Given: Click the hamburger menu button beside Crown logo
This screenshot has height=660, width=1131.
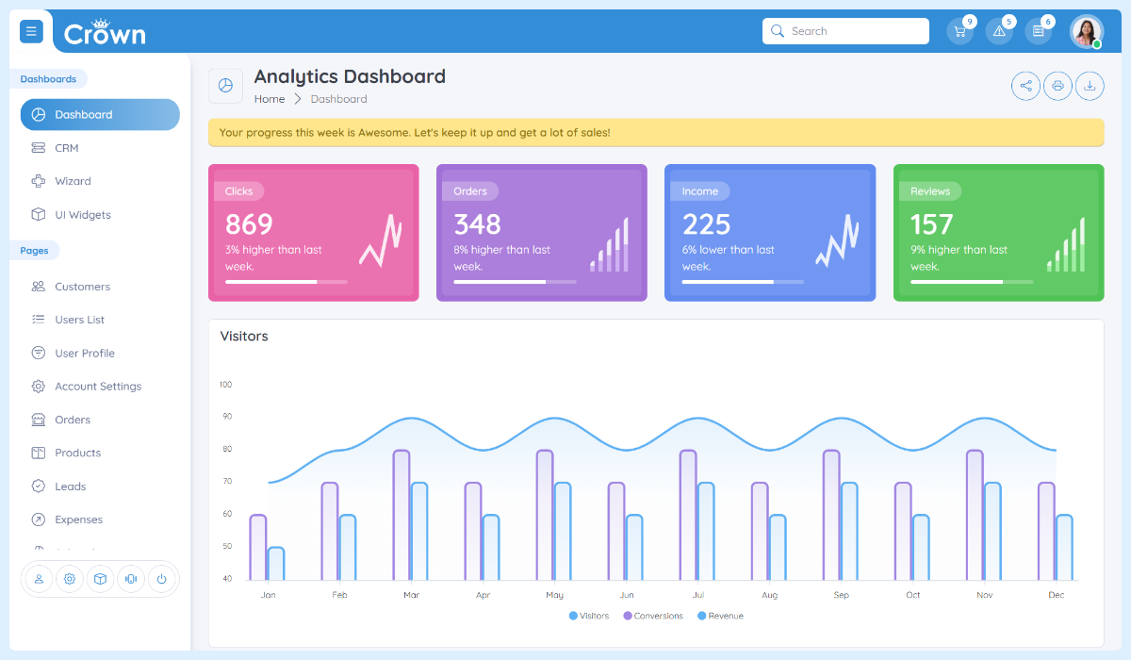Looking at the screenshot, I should pyautogui.click(x=31, y=31).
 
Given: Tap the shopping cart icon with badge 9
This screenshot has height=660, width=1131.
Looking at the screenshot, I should pyautogui.click(x=959, y=31).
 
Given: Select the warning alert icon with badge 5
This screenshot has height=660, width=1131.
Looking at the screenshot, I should pyautogui.click(x=999, y=31).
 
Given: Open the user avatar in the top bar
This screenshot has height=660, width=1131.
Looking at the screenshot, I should pyautogui.click(x=1086, y=31).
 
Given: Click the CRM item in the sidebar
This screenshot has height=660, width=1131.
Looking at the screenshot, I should pyautogui.click(x=66, y=148).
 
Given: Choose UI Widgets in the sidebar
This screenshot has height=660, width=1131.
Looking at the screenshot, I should pyautogui.click(x=82, y=215).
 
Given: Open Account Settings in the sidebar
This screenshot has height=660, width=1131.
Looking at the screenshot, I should pyautogui.click(x=97, y=387).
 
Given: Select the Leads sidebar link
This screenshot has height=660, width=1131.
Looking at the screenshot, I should pyautogui.click(x=70, y=487).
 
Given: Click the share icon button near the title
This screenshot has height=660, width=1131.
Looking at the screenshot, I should pyautogui.click(x=1025, y=86).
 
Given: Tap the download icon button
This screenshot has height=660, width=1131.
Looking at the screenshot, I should pyautogui.click(x=1090, y=86).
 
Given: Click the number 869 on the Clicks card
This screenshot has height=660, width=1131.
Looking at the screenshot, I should pyautogui.click(x=249, y=224).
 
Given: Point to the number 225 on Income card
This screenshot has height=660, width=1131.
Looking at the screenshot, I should pyautogui.click(x=706, y=224).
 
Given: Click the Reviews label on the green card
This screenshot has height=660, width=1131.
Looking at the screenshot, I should pyautogui.click(x=929, y=191).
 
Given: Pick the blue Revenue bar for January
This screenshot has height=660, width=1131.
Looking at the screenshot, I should pyautogui.click(x=275, y=564).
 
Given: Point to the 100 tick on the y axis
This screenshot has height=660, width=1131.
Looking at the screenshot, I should pyautogui.click(x=225, y=385).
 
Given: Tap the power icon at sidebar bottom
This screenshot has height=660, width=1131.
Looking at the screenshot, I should pyautogui.click(x=161, y=579).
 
